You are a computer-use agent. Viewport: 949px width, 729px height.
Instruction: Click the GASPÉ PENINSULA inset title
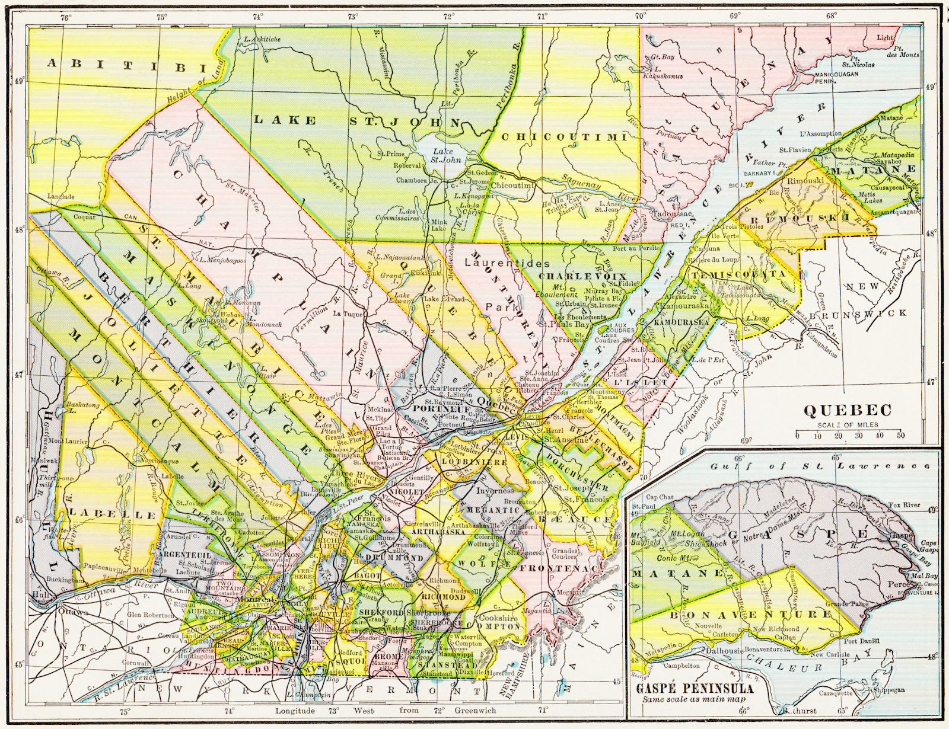coord(695,689)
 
